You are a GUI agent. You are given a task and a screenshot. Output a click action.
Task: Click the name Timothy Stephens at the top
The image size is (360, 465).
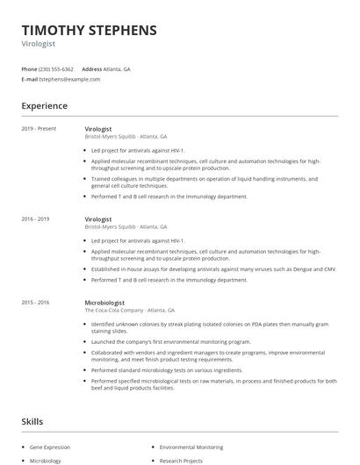89,30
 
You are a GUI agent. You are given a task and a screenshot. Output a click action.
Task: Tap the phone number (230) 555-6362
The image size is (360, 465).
56,68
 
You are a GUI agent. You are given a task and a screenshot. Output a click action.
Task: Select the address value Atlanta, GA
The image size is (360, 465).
118,68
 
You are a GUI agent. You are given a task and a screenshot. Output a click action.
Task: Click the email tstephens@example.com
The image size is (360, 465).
69,79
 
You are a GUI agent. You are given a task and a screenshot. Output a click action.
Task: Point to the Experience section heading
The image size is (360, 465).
44,106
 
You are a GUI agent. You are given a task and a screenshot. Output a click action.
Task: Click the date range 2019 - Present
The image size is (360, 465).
39,129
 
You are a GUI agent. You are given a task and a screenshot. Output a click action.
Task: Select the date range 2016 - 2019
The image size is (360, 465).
35,218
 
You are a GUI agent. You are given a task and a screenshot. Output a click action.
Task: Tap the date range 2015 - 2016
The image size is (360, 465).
35,302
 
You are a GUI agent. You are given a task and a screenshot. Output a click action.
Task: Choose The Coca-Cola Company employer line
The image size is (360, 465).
129,311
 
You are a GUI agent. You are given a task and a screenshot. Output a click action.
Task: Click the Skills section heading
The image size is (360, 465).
32,422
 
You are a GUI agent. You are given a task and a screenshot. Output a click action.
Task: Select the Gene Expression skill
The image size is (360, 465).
51,447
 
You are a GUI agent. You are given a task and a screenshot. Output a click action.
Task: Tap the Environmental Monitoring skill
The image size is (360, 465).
191,447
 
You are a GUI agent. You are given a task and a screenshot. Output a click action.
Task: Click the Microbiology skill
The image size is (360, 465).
46,460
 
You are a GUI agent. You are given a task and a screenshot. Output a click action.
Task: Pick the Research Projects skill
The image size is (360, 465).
181,460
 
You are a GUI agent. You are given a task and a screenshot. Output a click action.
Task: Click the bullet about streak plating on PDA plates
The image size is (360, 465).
211,326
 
